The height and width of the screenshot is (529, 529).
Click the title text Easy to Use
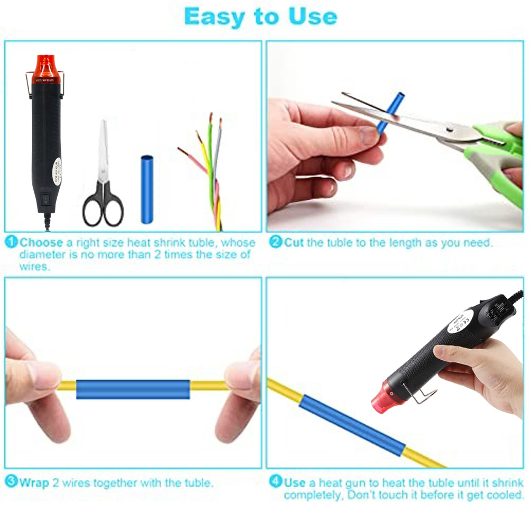coord(260,17)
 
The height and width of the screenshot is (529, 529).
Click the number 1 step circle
coord(12,243)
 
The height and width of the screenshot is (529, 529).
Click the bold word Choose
coord(42,243)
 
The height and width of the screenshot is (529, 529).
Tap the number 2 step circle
coord(275,243)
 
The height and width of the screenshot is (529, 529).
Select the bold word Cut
coord(295,243)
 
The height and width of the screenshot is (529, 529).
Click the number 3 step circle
coord(11,482)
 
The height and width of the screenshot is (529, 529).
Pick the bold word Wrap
coord(34,482)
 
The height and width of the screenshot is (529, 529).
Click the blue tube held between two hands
coord(133,389)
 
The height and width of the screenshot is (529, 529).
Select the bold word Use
coord(295,482)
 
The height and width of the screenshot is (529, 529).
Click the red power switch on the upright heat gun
coord(45,200)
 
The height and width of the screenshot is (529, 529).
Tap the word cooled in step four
coord(504,495)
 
